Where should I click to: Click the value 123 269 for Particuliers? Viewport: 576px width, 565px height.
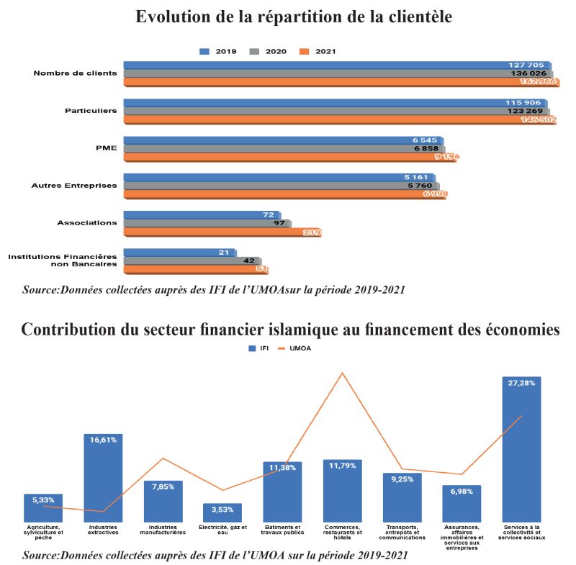(524, 111)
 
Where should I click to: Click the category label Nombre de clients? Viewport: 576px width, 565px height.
(75, 73)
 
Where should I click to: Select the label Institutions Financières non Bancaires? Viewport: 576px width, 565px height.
(63, 260)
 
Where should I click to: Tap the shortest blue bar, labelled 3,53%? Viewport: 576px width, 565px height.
(222, 512)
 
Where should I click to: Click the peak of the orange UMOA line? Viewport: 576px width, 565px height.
(343, 373)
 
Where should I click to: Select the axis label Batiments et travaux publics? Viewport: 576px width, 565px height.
(282, 530)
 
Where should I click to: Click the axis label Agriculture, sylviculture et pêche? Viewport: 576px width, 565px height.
(43, 533)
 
